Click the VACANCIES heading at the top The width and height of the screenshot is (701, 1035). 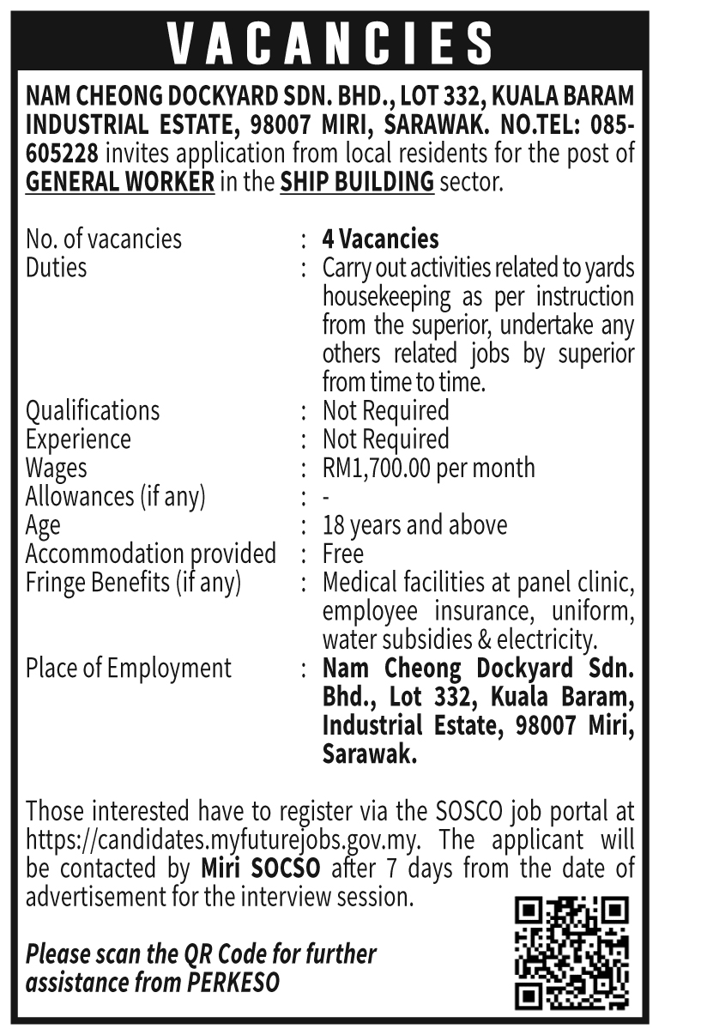[x=330, y=43]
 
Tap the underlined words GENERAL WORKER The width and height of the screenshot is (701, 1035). [x=120, y=183]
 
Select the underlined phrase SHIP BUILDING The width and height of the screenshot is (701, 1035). [x=357, y=183]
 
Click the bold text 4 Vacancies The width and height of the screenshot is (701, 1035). [x=380, y=239]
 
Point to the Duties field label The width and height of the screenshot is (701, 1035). [x=57, y=267]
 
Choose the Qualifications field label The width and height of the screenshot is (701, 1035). [x=93, y=410]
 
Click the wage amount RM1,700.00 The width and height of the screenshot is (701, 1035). [x=377, y=468]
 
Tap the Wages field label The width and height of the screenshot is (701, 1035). [x=57, y=468]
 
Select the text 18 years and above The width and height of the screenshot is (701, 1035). [x=414, y=524]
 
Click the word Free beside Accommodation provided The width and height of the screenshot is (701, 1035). [x=343, y=554]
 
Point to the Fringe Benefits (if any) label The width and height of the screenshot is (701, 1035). [x=133, y=583]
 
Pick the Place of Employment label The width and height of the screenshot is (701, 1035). [x=129, y=668]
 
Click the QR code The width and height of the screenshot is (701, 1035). [x=571, y=953]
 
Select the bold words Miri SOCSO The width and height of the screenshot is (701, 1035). [x=260, y=868]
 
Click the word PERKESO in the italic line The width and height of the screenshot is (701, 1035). [x=233, y=982]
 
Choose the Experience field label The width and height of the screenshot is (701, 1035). [x=78, y=439]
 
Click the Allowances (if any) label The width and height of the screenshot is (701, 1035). [x=116, y=496]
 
